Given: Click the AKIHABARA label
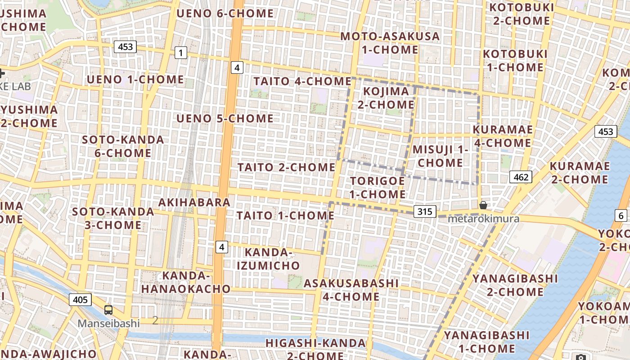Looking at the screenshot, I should click(194, 202).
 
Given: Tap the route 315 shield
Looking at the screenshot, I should click(424, 211).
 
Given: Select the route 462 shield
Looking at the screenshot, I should click(521, 177).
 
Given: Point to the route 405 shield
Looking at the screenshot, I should click(81, 299).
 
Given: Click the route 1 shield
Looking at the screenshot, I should click(180, 53).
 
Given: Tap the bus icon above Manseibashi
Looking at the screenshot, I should click(108, 310).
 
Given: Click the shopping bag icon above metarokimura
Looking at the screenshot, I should click(483, 205).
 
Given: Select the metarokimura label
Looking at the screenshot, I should click(483, 219).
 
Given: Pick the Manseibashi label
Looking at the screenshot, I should click(108, 323).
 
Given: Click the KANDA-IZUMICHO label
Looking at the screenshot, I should click(268, 259).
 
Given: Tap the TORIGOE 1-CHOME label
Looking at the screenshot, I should click(378, 188).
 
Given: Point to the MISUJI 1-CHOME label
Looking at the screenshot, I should click(441, 156).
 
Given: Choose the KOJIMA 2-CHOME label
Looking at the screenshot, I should click(386, 98).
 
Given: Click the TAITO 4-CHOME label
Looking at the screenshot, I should click(302, 81).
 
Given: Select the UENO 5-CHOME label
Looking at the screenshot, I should click(225, 119).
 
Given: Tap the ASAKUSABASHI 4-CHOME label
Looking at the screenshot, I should click(351, 290).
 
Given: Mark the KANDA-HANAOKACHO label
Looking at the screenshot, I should click(186, 282).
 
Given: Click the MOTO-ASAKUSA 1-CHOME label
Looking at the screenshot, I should click(390, 43).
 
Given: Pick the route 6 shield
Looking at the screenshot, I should click(621, 216).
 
